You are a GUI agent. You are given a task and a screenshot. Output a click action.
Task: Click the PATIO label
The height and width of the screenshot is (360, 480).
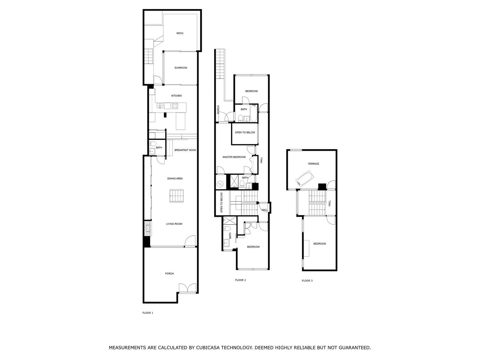180,33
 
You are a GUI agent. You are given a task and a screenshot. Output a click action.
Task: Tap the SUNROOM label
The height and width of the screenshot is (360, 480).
181,68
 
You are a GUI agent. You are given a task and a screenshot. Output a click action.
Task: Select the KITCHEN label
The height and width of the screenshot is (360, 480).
176,96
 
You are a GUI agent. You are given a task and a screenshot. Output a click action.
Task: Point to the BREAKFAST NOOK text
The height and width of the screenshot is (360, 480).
185,150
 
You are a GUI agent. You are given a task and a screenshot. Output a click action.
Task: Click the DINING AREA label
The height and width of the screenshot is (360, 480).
175,178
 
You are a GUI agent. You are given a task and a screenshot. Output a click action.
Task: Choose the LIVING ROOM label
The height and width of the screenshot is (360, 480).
174,224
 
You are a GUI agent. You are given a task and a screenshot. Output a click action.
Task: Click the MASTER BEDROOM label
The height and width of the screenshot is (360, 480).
234,157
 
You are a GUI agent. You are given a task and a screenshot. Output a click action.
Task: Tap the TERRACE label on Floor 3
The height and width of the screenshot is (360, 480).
313,164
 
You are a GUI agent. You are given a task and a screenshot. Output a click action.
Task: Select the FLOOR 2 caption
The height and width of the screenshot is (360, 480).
240,280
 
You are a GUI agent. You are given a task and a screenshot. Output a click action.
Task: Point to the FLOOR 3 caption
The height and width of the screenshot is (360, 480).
307,280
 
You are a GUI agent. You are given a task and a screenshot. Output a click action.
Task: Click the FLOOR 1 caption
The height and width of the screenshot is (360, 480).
148,313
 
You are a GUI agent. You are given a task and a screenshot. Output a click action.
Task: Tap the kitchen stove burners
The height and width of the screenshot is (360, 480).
175,106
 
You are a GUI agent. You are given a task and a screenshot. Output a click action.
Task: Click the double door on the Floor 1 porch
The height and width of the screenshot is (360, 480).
187,288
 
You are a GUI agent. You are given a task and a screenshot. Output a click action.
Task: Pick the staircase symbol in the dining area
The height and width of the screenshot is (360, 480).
177,196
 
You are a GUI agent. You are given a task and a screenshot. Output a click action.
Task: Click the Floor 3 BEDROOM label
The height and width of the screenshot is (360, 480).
319,243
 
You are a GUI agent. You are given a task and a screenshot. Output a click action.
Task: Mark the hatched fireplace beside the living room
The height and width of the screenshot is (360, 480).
147,228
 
